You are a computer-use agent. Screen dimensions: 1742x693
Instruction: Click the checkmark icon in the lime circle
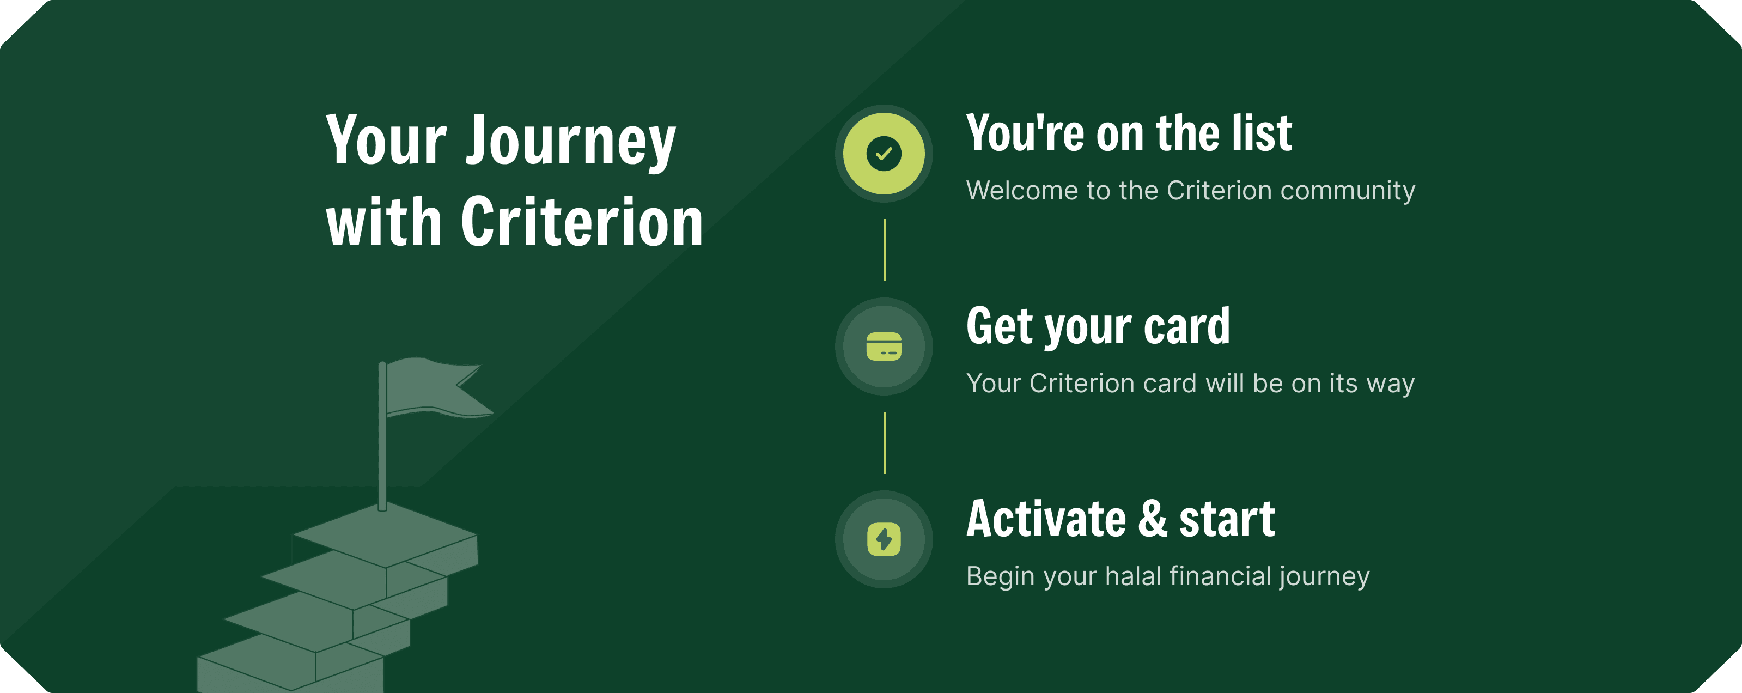coord(884,154)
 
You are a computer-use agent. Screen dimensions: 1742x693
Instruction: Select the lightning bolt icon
coord(884,539)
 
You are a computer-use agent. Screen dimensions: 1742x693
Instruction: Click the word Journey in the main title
coord(571,142)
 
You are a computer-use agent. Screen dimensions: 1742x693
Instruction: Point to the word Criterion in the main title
coord(582,222)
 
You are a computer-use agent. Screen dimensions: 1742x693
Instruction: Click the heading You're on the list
coord(1129,133)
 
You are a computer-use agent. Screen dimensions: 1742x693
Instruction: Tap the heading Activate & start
coord(1120,519)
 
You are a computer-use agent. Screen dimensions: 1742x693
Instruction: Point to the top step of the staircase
coord(385,534)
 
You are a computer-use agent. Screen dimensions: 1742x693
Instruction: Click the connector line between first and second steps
coord(885,250)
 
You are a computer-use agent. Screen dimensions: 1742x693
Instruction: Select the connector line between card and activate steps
coord(885,443)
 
